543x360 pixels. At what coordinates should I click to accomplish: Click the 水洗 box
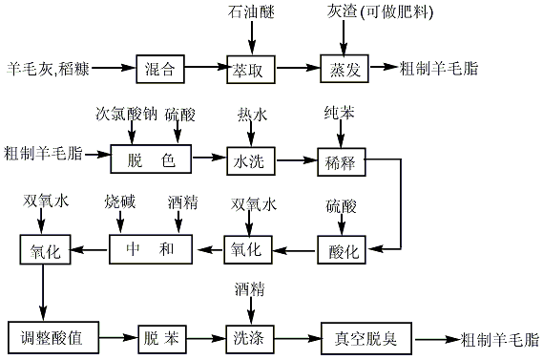tap(250, 159)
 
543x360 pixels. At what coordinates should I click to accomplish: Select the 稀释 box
tap(342, 159)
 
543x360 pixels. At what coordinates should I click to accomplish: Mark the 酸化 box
tap(342, 251)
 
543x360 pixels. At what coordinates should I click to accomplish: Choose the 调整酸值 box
tap(53, 338)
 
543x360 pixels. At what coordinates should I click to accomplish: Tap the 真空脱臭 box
tap(357, 338)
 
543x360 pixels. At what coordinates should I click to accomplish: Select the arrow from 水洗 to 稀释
tap(296, 159)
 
